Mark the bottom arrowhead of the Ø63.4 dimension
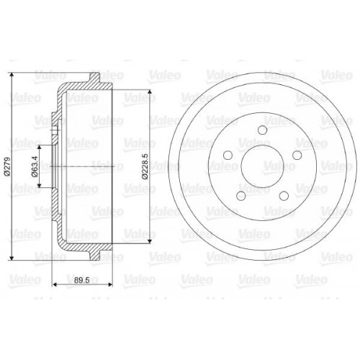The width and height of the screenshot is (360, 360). click(x=40, y=189)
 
